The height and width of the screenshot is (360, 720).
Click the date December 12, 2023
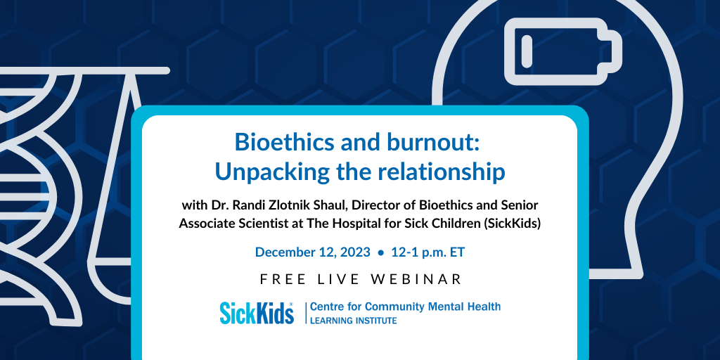coord(313,252)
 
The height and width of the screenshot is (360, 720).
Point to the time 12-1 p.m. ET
coord(428,252)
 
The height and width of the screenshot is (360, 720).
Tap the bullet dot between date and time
coord(380,252)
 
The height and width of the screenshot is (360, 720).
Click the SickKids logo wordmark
coord(257,313)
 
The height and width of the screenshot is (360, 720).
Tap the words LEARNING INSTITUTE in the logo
coord(354,321)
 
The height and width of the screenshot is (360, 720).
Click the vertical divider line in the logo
coord(307,313)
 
